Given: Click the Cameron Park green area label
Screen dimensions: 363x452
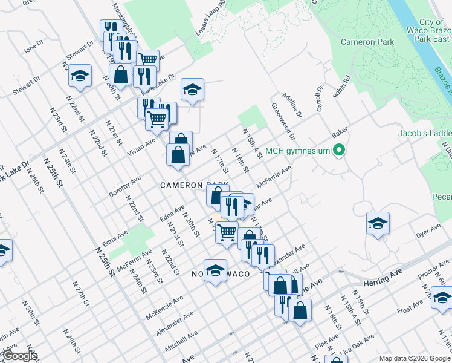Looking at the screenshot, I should pos(367,42).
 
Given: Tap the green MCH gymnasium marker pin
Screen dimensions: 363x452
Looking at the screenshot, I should pos(339,151).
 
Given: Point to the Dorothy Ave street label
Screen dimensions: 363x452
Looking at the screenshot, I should pos(124,187).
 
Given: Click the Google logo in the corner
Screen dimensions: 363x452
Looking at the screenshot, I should pos(19,356).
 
